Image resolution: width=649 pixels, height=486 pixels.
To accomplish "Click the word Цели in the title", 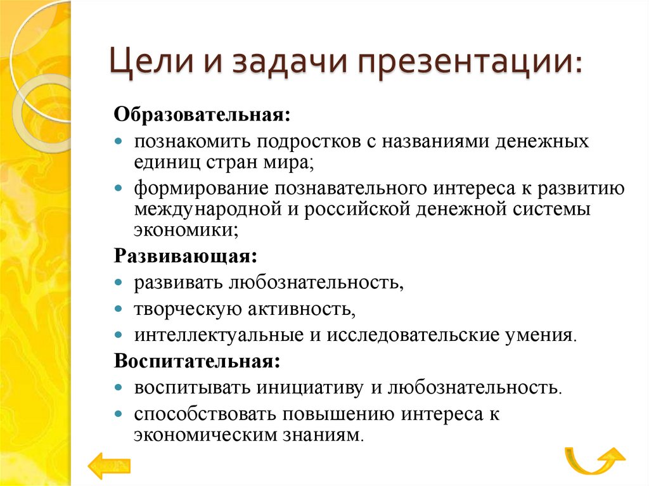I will click(x=147, y=65).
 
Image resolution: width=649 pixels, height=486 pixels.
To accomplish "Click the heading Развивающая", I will click(x=184, y=257).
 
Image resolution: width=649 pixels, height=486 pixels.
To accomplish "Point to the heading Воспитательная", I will click(x=196, y=361).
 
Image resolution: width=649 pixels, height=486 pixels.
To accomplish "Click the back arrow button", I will click(x=109, y=466).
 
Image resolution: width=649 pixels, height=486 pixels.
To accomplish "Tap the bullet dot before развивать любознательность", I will click(x=119, y=283).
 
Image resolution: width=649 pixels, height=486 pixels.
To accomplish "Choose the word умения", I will click(x=546, y=334).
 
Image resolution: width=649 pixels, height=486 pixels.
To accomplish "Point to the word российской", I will click(x=357, y=209).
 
